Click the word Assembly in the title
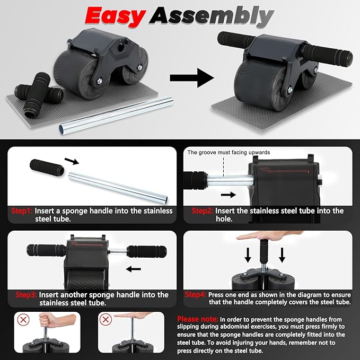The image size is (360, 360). [x=212, y=16]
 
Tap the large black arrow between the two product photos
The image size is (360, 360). [x=191, y=78]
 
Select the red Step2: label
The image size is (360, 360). [x=203, y=211]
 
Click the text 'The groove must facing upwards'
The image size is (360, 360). [x=229, y=152]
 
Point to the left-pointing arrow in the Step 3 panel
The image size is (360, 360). [x=133, y=269]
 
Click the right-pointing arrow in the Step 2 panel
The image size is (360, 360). [x=228, y=195]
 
